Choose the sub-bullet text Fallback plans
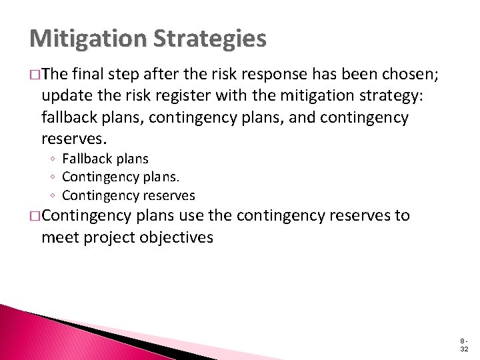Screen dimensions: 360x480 [x=105, y=159]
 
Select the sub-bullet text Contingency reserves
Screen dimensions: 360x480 [x=129, y=195]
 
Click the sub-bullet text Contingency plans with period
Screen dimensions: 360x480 [x=121, y=177]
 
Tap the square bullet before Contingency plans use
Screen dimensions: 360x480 [x=34, y=217]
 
